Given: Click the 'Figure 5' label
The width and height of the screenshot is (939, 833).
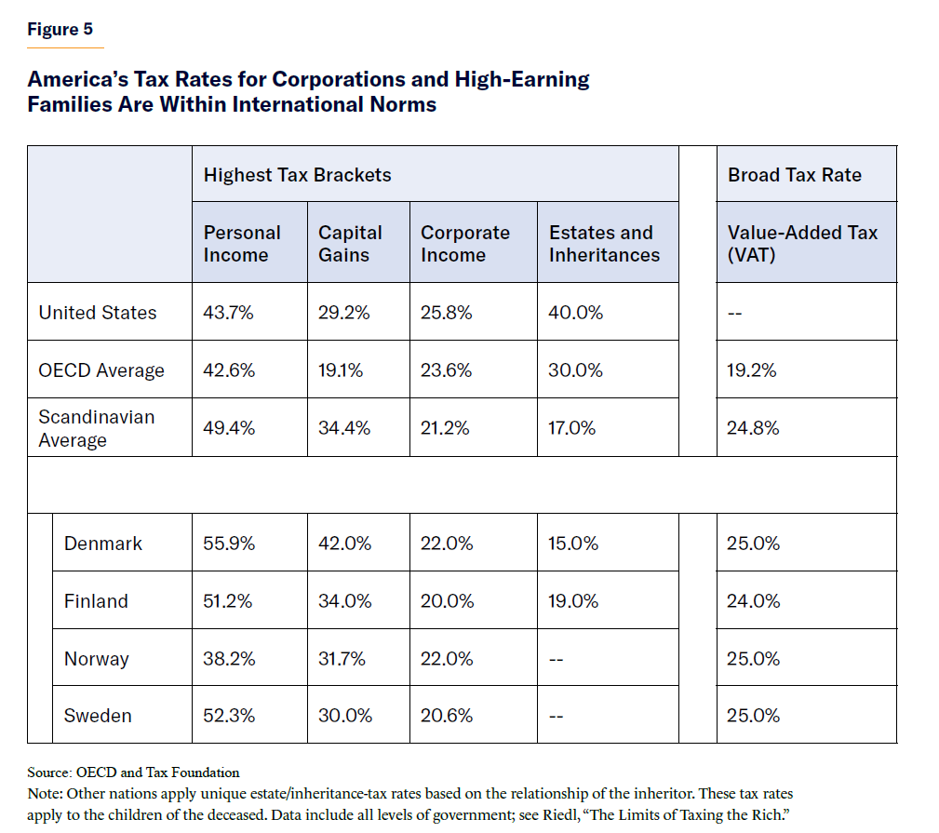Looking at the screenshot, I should click(60, 29).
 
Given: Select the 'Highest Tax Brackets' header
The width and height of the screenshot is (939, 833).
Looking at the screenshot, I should click(297, 175).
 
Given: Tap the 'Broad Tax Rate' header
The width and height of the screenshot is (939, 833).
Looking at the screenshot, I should click(795, 175).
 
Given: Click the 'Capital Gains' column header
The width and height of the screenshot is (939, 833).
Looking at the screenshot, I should click(350, 244).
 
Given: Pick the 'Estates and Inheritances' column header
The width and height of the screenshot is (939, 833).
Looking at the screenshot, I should click(604, 244).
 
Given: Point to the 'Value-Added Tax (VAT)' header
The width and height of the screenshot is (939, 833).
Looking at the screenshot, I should click(802, 244).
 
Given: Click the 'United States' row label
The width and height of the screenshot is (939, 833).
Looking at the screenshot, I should click(98, 313).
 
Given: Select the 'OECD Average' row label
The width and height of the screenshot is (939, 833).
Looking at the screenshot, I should click(101, 370).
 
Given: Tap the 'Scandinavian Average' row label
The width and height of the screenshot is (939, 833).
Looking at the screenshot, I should click(97, 428).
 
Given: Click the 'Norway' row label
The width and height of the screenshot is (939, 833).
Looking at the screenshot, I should click(97, 659).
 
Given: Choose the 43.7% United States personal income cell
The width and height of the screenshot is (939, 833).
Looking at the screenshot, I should click(228, 313).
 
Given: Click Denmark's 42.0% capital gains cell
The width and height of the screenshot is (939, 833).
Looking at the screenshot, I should click(344, 544).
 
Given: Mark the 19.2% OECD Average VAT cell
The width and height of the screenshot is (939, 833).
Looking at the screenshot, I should click(751, 370).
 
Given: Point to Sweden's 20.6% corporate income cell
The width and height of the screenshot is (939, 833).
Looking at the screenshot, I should click(447, 716).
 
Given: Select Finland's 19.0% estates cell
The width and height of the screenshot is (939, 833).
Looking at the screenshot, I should click(573, 601).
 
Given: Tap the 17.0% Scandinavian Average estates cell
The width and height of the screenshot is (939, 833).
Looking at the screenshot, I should click(573, 428).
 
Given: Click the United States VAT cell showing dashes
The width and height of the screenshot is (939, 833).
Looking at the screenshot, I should click(734, 313).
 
